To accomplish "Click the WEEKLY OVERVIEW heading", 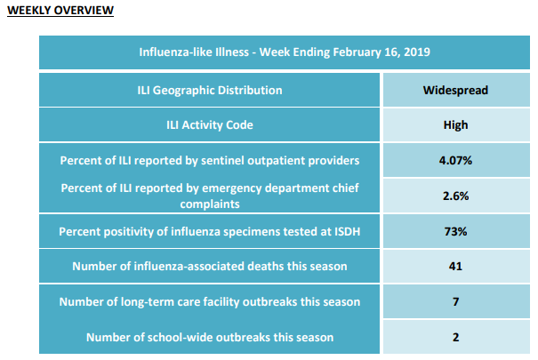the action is point(60,11).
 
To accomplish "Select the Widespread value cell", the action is point(455,90).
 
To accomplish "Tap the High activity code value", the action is point(455,125).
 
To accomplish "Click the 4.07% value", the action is point(455,161).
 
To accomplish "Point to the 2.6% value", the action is point(455,196).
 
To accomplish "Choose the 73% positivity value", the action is point(455,231).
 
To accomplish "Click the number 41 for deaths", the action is point(455,267).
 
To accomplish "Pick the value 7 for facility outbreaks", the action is point(455,301).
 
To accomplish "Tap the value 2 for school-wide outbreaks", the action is point(455,338).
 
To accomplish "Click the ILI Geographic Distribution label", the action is point(210,91).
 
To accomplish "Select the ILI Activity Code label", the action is point(210,125).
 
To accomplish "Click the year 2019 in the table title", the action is point(417,52).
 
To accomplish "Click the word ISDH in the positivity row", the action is point(346,231).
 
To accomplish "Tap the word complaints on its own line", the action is point(210,204).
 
